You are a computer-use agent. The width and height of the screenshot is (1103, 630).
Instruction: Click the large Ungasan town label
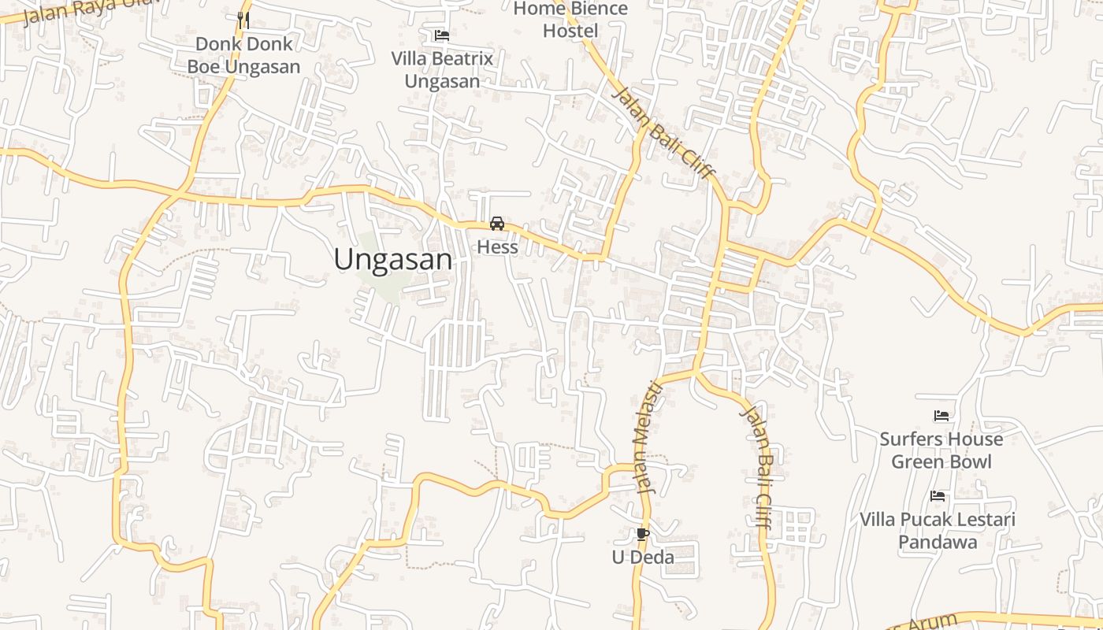click(x=393, y=259)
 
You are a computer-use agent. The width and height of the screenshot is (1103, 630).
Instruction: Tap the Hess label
click(x=497, y=247)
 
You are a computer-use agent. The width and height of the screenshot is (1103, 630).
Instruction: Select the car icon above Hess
click(x=497, y=224)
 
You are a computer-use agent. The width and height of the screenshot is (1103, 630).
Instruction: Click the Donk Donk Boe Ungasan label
click(x=243, y=55)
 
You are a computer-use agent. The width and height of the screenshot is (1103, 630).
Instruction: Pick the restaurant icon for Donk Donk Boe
click(x=243, y=20)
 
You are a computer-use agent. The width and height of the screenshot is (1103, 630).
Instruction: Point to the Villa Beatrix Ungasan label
click(x=442, y=69)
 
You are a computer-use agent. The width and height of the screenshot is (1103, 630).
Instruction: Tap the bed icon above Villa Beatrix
click(x=442, y=35)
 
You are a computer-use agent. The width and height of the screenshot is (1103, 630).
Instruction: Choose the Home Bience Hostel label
click(x=570, y=20)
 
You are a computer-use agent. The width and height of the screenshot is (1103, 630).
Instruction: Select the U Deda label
click(x=643, y=558)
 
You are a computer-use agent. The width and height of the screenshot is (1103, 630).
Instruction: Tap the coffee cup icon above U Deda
click(x=642, y=535)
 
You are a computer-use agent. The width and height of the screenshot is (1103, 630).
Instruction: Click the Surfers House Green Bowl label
click(x=941, y=450)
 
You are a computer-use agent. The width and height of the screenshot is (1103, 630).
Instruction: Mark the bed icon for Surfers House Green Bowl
click(x=941, y=415)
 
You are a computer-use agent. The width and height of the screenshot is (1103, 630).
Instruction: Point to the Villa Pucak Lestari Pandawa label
click(x=938, y=531)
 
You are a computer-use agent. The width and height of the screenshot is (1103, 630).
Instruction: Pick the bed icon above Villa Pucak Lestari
click(x=938, y=496)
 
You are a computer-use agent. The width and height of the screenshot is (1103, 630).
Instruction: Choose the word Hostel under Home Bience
click(x=570, y=31)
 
